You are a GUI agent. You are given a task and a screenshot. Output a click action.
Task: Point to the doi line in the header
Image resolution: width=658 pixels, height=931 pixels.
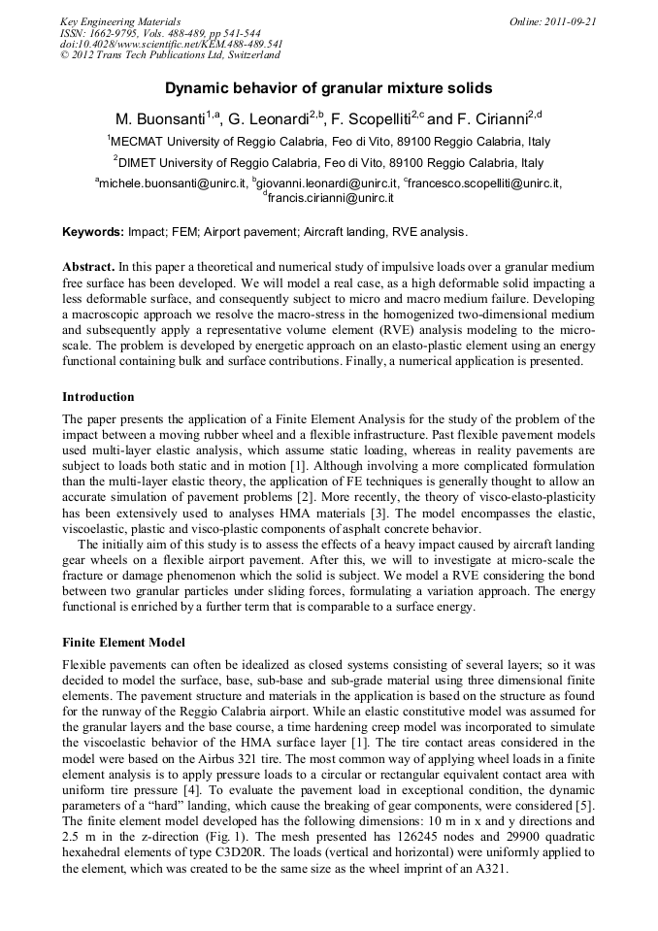[x=172, y=44]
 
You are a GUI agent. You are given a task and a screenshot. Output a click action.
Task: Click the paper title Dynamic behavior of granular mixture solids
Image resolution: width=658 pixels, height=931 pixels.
[x=328, y=88]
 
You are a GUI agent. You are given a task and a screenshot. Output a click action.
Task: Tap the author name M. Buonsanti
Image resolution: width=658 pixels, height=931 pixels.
[x=161, y=120]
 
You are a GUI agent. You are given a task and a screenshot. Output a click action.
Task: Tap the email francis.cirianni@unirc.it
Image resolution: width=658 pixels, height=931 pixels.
[x=330, y=197]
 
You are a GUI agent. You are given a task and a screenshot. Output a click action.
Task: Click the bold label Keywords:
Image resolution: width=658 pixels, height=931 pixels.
[x=93, y=232]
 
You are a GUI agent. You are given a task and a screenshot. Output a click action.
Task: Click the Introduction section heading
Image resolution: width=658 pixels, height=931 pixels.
[x=98, y=397]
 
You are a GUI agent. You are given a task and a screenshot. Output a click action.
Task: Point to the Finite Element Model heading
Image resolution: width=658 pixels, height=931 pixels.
[x=123, y=643]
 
